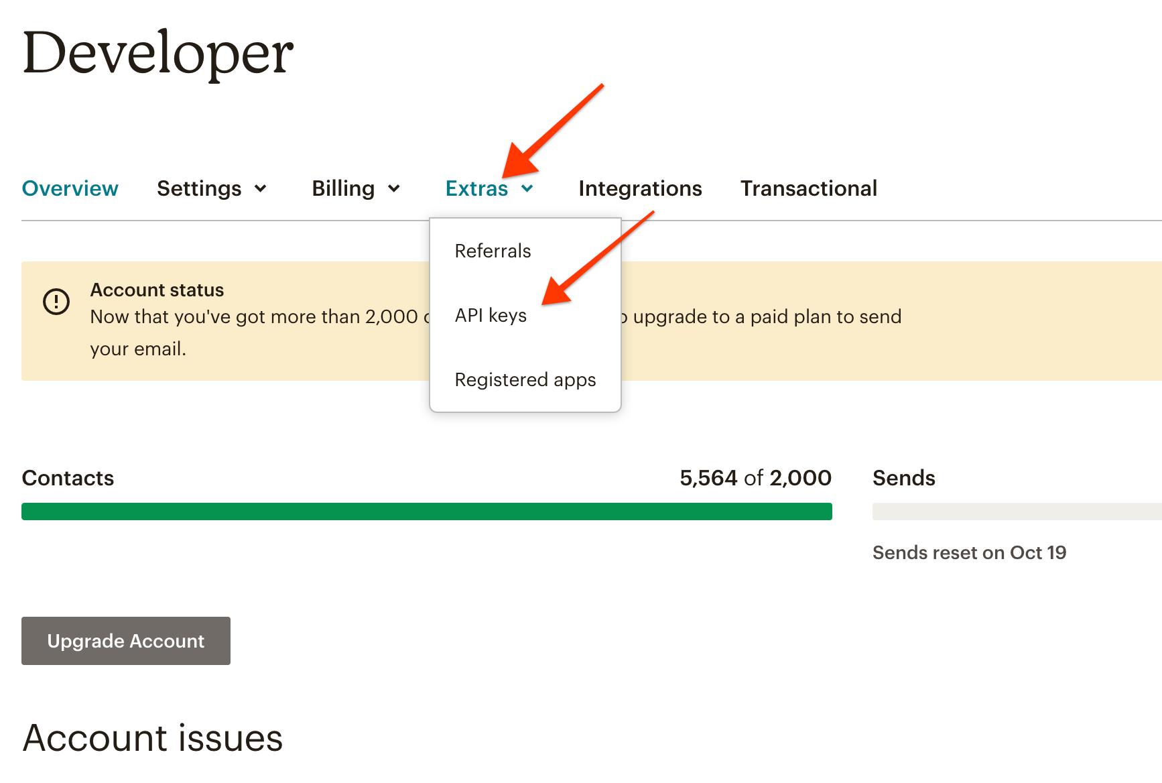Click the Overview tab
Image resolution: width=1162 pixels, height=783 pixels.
click(70, 188)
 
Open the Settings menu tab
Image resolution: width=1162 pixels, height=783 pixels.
click(212, 188)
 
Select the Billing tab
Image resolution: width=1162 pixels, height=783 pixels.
click(356, 188)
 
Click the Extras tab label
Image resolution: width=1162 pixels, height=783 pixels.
click(476, 188)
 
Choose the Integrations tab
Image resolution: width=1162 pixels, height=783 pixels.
click(640, 188)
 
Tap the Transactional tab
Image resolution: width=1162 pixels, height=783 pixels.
click(809, 188)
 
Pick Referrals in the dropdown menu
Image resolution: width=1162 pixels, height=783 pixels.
click(493, 251)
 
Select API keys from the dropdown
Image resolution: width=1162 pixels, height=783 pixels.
click(491, 315)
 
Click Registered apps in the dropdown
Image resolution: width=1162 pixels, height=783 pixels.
click(525, 379)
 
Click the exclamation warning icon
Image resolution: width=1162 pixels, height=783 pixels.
click(56, 302)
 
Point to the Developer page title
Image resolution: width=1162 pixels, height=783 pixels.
click(158, 53)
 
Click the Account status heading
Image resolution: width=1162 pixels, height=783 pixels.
click(157, 290)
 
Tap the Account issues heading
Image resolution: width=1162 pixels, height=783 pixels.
click(153, 738)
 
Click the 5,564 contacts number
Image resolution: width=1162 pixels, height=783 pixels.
click(708, 478)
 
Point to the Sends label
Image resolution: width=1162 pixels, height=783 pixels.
click(903, 478)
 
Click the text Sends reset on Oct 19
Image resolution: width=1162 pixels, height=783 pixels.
click(969, 552)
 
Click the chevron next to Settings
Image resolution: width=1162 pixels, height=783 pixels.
click(260, 189)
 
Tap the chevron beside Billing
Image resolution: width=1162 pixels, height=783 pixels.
click(394, 189)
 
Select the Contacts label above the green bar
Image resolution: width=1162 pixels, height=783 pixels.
click(68, 478)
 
